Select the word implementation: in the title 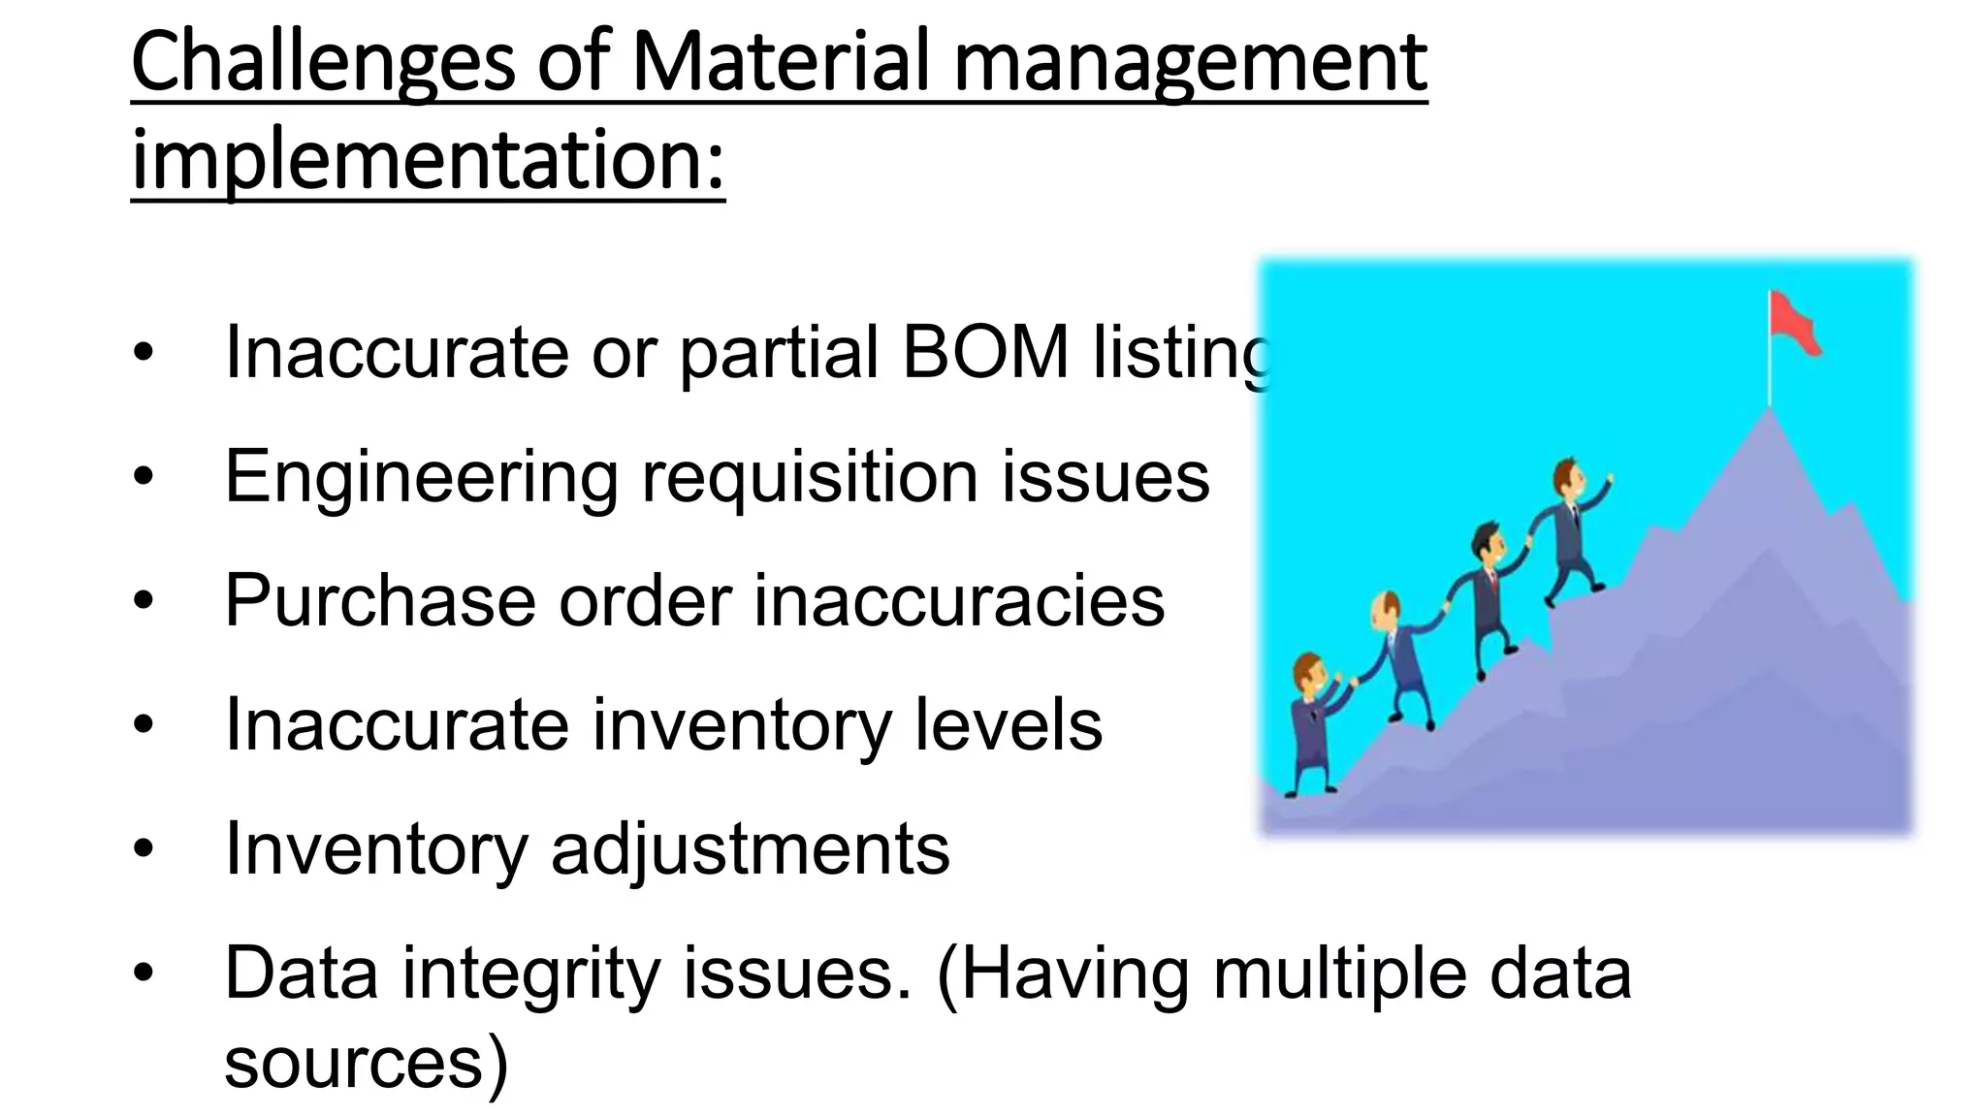[x=428, y=161]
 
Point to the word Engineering [x=421, y=477]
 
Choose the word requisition [x=810, y=477]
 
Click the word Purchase [x=379, y=600]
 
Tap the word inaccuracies [x=959, y=600]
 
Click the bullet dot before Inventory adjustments [x=144, y=849]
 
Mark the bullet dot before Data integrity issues [x=144, y=973]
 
